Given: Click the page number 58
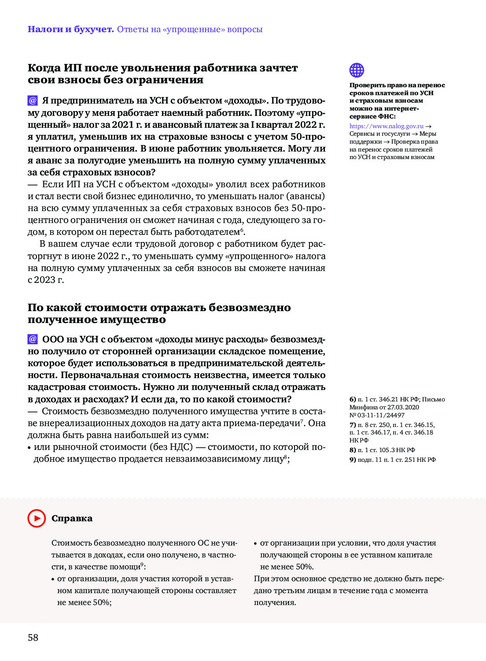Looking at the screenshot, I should pyautogui.click(x=33, y=637).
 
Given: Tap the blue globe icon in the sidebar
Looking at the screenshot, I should pyautogui.click(x=357, y=70).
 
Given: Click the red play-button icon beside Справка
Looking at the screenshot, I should pyautogui.click(x=37, y=518).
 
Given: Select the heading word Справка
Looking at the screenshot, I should pyautogui.click(x=72, y=518).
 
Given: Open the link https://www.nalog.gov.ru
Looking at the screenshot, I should pyautogui.click(x=386, y=126).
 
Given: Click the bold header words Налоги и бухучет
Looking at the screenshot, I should pyautogui.click(x=70, y=30).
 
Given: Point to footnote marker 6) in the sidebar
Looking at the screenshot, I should pyautogui.click(x=353, y=399).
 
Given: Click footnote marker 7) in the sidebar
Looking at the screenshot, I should pyautogui.click(x=353, y=425).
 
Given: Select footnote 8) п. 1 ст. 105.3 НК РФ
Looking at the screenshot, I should pyautogui.click(x=382, y=450).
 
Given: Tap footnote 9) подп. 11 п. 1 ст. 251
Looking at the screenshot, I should pyautogui.click(x=392, y=460).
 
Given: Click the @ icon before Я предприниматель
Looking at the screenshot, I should pyautogui.click(x=33, y=100).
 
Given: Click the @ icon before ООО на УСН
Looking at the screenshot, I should pyautogui.click(x=33, y=339).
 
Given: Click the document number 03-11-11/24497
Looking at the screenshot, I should pyautogui.click(x=381, y=415).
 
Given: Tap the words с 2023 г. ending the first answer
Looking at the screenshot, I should pyautogui.click(x=46, y=280).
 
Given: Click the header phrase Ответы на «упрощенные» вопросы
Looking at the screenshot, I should pyautogui.click(x=190, y=30).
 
